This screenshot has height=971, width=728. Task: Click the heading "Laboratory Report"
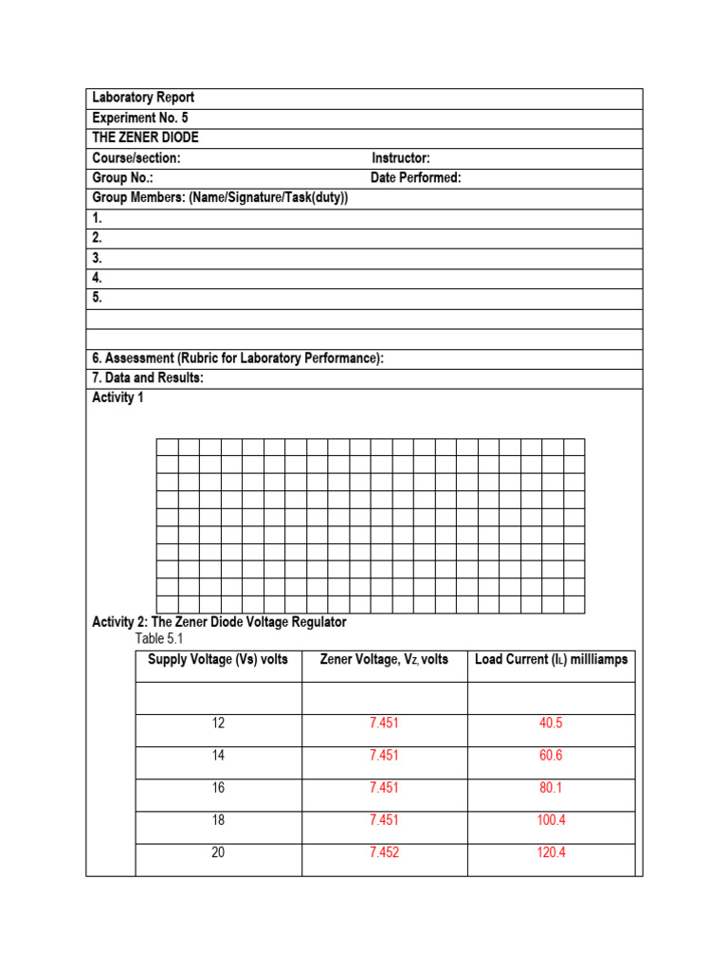coord(143,99)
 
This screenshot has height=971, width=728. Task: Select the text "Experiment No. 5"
coord(140,119)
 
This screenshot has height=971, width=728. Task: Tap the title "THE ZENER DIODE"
coord(145,138)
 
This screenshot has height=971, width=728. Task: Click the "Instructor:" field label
coord(400,158)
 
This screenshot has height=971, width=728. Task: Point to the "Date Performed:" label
coord(415,178)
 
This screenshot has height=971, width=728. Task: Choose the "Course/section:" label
coord(136,158)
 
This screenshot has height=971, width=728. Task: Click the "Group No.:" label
coord(122,178)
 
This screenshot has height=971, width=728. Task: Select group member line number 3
coord(97,258)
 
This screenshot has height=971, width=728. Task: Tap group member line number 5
coord(97,298)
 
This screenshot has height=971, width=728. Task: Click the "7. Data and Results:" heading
coord(148,378)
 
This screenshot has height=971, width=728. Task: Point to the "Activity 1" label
coord(118,398)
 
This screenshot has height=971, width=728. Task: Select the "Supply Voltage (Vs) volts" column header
coord(218,660)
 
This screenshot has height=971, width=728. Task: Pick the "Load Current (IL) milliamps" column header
coord(551,660)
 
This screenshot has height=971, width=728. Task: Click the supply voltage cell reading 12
coord(218,724)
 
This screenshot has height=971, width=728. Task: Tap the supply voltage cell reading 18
coord(218,820)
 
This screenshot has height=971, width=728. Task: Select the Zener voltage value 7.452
coord(384,852)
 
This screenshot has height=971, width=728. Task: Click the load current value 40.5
coord(551,724)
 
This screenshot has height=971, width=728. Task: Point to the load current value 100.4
coord(551,820)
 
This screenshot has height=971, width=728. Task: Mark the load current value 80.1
coord(551,788)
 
